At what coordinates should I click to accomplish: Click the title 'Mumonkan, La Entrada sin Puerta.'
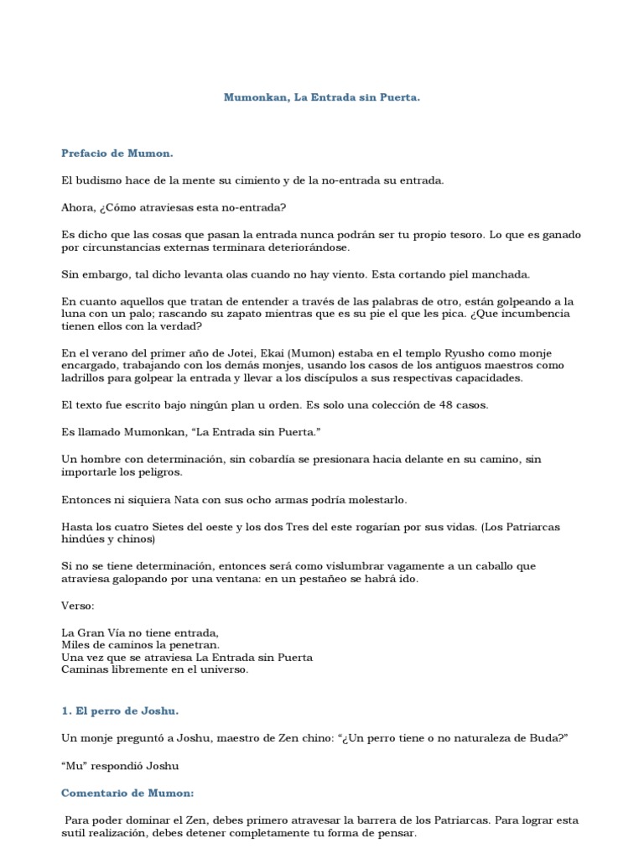[321, 97]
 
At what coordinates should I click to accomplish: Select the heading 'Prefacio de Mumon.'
[117, 153]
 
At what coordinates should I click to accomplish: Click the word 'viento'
[350, 274]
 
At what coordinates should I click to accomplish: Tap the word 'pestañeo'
[357, 579]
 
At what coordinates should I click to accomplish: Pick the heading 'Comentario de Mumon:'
[127, 793]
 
